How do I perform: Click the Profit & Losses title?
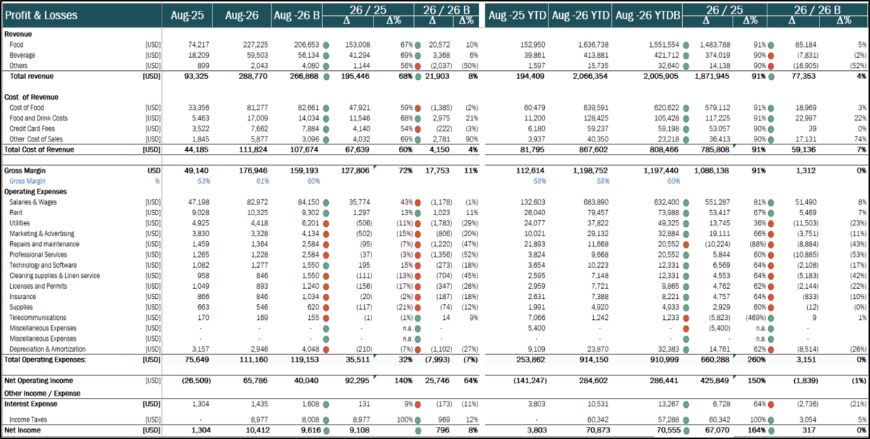click(41, 15)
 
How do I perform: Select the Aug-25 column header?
click(187, 15)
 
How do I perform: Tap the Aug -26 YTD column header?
click(580, 15)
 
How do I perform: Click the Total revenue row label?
click(30, 75)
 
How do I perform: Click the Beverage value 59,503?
click(247, 55)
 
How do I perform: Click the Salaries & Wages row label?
click(34, 202)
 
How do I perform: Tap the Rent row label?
click(17, 213)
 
